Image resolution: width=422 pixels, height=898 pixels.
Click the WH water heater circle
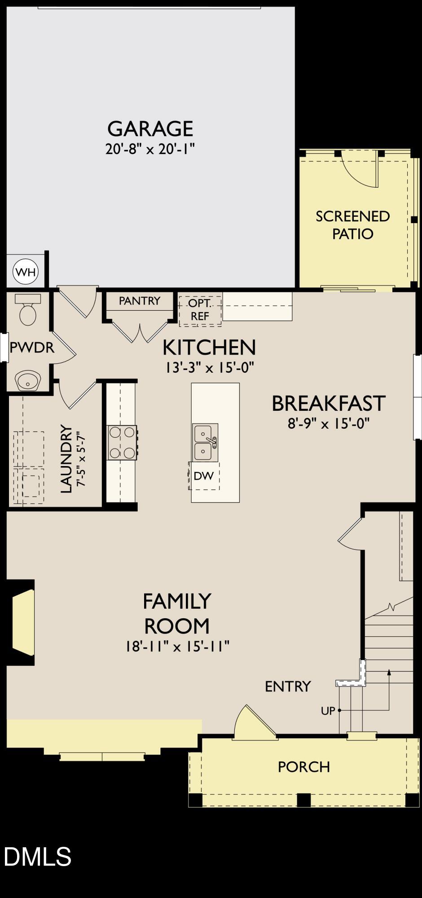click(x=26, y=272)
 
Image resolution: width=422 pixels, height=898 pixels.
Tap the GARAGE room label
click(x=150, y=129)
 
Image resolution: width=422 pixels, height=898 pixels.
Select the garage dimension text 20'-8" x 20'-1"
click(x=150, y=149)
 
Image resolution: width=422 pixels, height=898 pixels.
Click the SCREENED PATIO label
click(x=353, y=225)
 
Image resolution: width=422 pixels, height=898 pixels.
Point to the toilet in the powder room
click(x=28, y=310)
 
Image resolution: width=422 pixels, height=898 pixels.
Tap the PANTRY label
click(x=140, y=301)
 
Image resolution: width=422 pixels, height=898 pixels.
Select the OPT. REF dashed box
click(x=200, y=310)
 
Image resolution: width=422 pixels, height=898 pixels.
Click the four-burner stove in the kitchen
click(x=122, y=442)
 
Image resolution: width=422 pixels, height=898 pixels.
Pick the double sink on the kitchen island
click(x=205, y=443)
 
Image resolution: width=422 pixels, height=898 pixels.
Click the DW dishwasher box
click(x=204, y=476)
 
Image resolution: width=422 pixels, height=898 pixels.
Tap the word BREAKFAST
click(x=329, y=403)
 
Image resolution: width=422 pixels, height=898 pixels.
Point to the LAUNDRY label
click(x=66, y=458)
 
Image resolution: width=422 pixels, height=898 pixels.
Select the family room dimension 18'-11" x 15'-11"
click(x=177, y=647)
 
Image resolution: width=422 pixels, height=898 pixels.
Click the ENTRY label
click(x=288, y=686)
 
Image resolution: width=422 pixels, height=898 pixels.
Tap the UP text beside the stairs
click(x=328, y=711)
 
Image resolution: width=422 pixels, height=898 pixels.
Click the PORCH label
click(x=304, y=767)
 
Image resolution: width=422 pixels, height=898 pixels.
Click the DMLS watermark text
click(x=38, y=857)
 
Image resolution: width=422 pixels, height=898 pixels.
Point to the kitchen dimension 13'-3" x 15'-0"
click(x=209, y=368)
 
